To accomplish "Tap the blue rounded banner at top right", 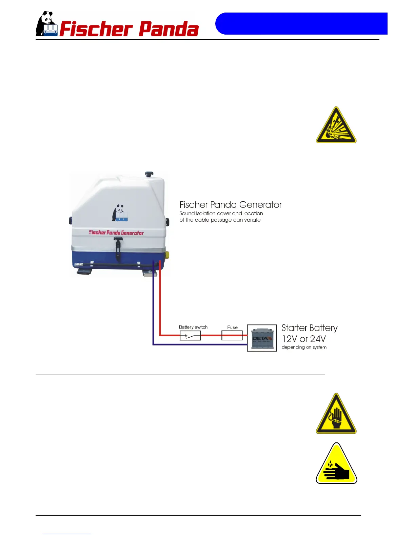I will (x=301, y=23).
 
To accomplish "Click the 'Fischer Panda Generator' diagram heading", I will (x=230, y=205).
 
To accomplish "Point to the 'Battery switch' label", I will (x=193, y=327).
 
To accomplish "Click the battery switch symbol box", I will (x=190, y=336).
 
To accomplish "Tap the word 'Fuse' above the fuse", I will (x=232, y=327).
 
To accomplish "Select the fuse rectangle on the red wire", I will (x=232, y=336).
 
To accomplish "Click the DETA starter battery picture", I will (x=262, y=338).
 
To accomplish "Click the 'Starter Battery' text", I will (x=309, y=328).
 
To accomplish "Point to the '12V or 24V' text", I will (x=303, y=339).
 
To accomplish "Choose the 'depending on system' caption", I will (x=304, y=347).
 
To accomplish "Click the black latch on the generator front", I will (x=118, y=247).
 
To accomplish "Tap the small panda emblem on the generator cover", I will (x=120, y=213).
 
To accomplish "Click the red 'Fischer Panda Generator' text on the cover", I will (x=116, y=233).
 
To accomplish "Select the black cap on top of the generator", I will (x=149, y=174).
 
